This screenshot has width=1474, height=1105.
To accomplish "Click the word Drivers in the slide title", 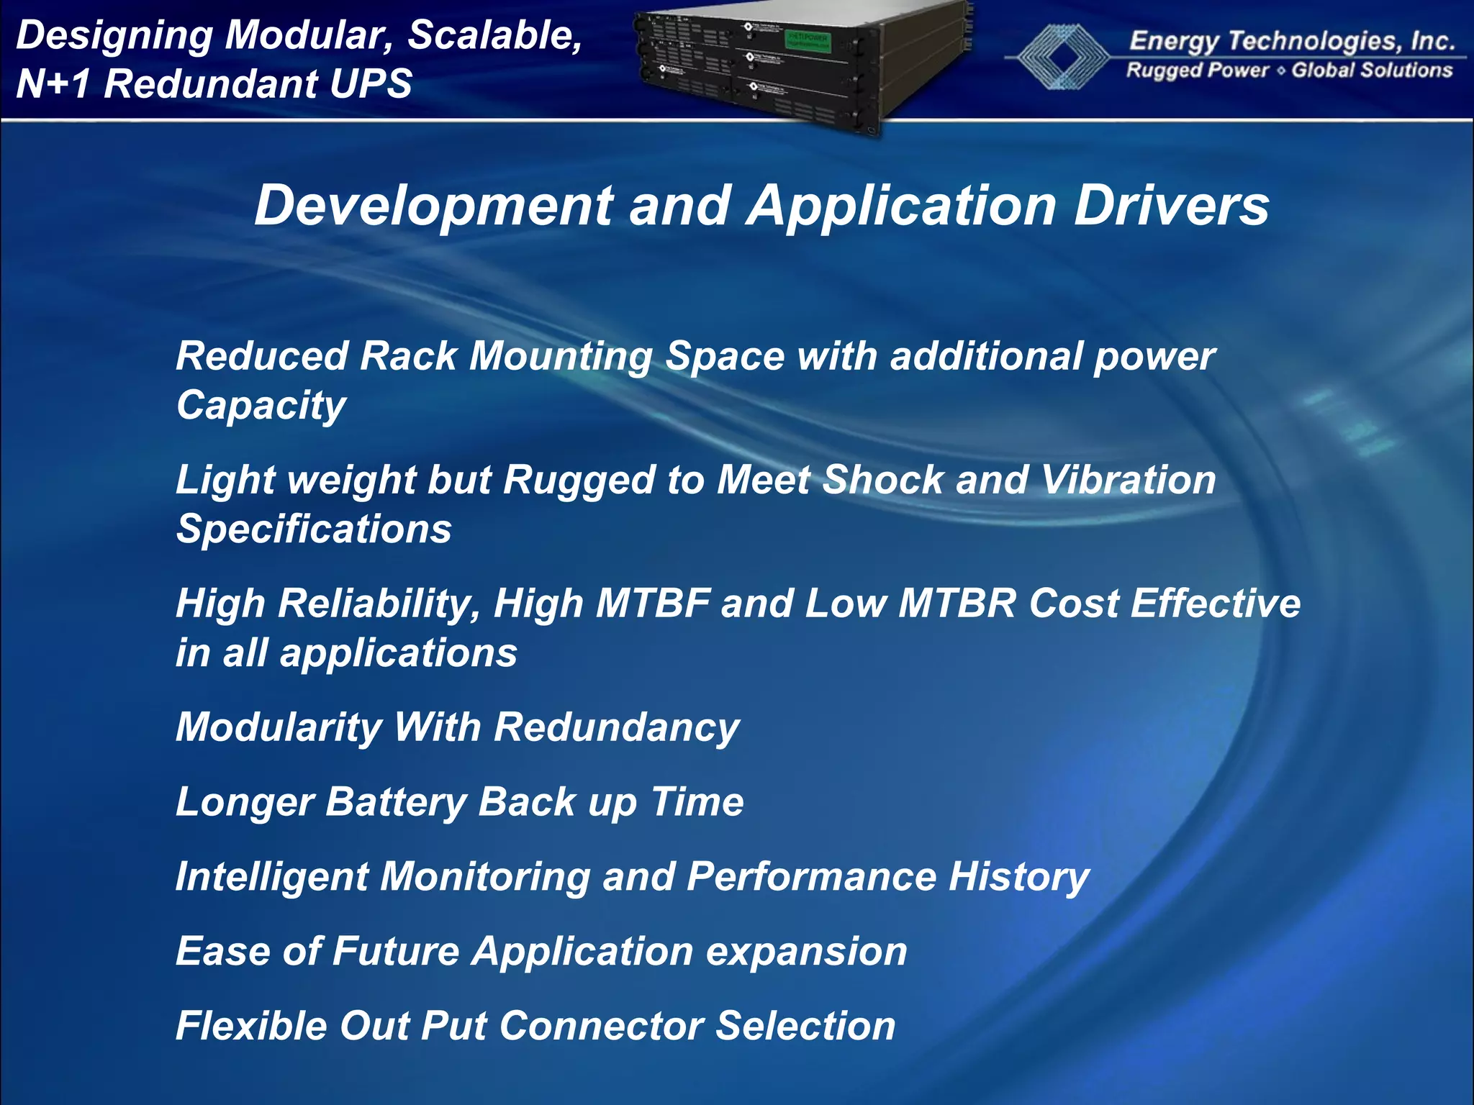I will coord(1171,206).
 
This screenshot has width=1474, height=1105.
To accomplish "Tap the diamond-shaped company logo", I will coord(1057,56).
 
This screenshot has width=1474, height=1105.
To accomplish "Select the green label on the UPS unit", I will coord(807,40).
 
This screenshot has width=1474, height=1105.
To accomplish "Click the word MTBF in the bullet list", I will coord(653,603).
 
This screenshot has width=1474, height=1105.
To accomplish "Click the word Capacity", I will coord(261,406).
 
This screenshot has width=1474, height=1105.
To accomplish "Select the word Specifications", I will coord(314,530).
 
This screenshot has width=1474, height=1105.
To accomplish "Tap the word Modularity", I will coord(279,727).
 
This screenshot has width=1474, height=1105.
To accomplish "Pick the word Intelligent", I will coord(271,877).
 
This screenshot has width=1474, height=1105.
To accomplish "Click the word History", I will coord(1018,877).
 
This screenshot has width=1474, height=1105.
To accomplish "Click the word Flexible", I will coord(251,1026).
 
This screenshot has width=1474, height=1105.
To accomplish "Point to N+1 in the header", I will coord(54,83).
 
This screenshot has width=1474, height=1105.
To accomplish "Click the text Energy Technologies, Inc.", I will coord(1292,41).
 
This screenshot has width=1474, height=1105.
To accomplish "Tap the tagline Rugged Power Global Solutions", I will coord(1289,71).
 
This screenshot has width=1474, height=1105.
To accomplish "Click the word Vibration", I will coord(1129,480).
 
